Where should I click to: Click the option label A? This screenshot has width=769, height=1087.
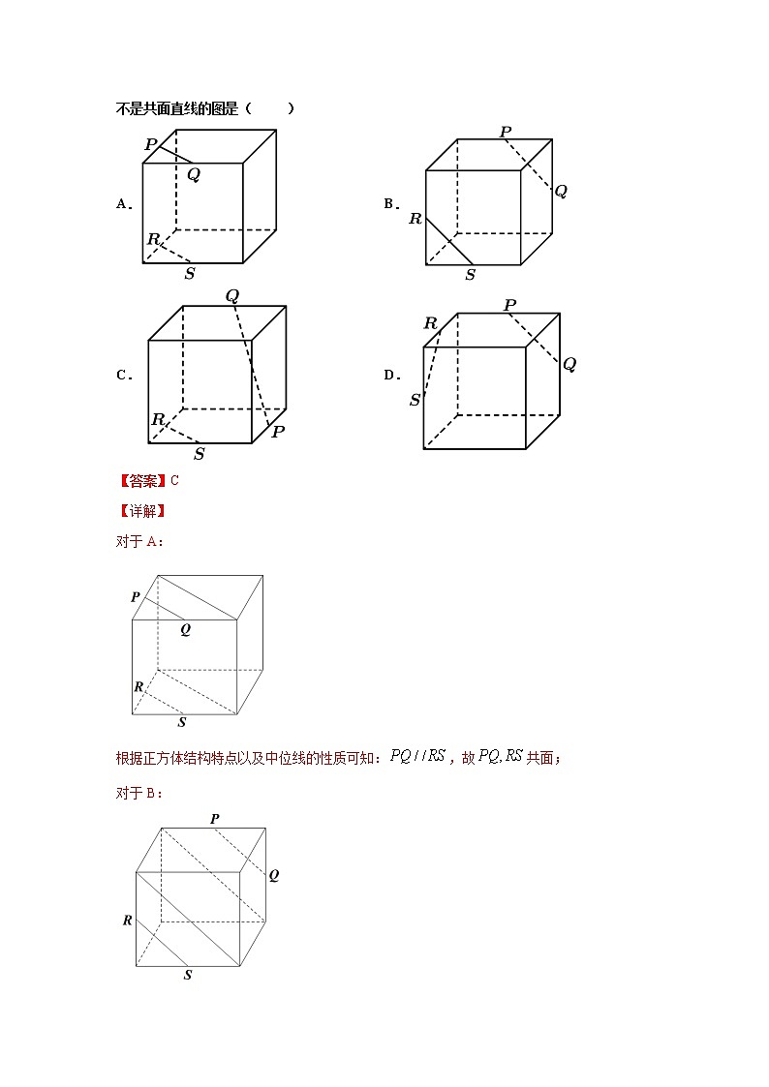[124, 204]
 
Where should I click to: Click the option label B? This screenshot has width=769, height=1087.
[391, 204]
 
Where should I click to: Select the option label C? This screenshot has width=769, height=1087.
[124, 376]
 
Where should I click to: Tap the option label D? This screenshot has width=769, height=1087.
[391, 376]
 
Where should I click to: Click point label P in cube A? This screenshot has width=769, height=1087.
[150, 144]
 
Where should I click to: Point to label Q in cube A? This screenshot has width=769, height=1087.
[194, 175]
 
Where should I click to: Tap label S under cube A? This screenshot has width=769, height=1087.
[189, 274]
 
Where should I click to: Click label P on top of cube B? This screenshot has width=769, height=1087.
[506, 132]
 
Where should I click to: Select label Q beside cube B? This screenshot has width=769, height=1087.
[561, 191]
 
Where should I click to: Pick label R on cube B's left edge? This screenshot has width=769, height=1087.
[415, 219]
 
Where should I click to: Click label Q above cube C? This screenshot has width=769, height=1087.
[232, 296]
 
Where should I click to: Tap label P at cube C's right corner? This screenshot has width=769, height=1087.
[278, 432]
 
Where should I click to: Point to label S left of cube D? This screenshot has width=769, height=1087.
[415, 400]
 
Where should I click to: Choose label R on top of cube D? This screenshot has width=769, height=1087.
[430, 323]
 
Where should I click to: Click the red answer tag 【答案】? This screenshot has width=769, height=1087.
[141, 480]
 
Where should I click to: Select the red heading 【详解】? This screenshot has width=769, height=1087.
[141, 511]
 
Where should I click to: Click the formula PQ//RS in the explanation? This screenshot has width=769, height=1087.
[417, 757]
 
